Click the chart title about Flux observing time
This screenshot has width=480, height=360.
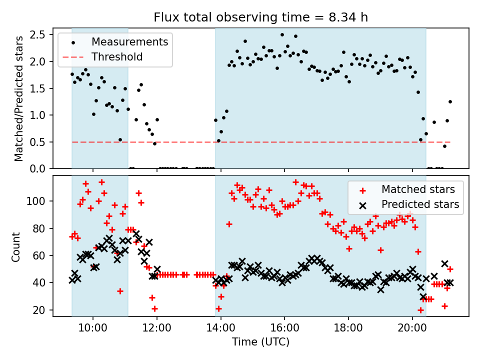(x=260, y=18)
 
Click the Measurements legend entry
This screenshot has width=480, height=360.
(x=129, y=42)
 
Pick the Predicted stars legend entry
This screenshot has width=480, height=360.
(x=420, y=204)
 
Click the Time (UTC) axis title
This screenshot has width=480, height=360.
(x=260, y=342)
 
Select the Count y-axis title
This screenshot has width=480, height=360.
(x=17, y=246)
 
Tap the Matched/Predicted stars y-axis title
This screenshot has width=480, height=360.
(x=19, y=98)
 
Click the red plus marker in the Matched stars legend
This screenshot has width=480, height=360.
(x=363, y=190)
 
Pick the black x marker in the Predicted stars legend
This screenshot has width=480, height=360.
(x=363, y=204)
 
